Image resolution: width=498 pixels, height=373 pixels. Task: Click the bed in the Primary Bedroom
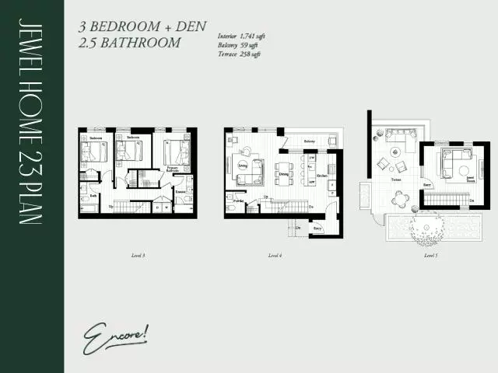pyautogui.click(x=175, y=151)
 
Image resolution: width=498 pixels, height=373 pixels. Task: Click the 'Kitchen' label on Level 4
pyautogui.click(x=321, y=176)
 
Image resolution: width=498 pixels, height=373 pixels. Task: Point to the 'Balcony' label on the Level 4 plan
pyautogui.click(x=309, y=141)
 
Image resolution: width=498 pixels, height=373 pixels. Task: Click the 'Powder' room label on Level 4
pyautogui.click(x=240, y=199)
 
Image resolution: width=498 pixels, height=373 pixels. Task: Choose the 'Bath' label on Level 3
pyautogui.click(x=93, y=196)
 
